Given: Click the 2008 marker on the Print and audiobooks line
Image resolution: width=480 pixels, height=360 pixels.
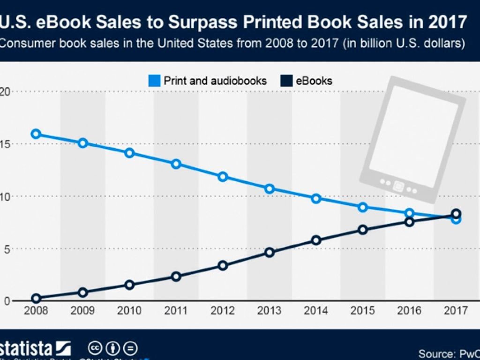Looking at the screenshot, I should (x=36, y=134).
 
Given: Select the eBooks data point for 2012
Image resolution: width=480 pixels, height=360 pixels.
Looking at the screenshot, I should (x=223, y=266).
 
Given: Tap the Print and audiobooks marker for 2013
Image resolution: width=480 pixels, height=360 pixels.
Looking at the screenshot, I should (x=270, y=189).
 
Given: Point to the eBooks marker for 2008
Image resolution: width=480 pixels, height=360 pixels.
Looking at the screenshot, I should (x=36, y=298).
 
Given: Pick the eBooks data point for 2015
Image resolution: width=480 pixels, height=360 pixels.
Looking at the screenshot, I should (x=362, y=230).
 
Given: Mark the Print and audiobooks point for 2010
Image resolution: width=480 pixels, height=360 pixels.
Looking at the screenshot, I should (x=129, y=153).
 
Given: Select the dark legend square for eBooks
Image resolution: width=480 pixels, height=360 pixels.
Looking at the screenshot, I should (x=286, y=81).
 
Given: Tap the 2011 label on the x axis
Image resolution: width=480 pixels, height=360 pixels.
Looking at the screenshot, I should (x=176, y=311).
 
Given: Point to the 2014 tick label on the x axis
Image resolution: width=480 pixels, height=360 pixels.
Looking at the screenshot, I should (x=316, y=311).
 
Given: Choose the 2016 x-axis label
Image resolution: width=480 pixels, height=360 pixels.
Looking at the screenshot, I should (x=409, y=311).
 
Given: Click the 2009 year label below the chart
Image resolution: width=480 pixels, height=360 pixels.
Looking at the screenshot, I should (x=82, y=311).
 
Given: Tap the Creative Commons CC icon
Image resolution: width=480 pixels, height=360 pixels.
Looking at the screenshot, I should (x=96, y=348).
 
